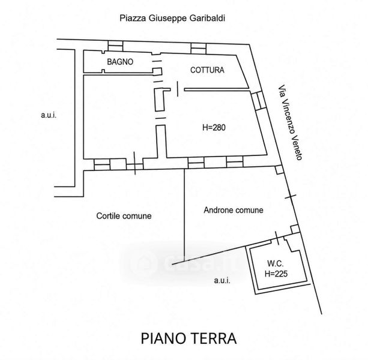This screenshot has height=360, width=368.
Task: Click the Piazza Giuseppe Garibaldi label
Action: [172, 18]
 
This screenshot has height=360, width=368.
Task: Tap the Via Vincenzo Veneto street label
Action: [290, 122]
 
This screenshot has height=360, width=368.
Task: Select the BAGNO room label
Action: [120, 62]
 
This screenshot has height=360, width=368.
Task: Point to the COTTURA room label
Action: [207, 70]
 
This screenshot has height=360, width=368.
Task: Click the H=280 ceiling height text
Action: [214, 127]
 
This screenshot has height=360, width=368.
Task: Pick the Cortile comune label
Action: [124, 216]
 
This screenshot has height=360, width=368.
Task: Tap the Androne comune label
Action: [234, 210]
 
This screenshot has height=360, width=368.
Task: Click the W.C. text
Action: [276, 263]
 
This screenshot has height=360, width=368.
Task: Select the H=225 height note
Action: [276, 274]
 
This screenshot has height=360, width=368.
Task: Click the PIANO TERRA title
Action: [189, 338]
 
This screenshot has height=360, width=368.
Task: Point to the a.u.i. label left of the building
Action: [49, 115]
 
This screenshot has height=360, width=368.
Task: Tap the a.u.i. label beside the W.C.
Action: [222, 280]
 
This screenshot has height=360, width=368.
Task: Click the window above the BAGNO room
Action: [115, 46]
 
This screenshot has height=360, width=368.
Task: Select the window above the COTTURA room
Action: [198, 49]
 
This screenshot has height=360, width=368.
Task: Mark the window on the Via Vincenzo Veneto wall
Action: [258, 101]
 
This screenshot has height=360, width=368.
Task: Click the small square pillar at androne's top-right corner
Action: [279, 170]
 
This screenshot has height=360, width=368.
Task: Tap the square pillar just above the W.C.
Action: [295, 229]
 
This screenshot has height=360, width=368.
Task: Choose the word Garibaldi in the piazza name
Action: [207, 18]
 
